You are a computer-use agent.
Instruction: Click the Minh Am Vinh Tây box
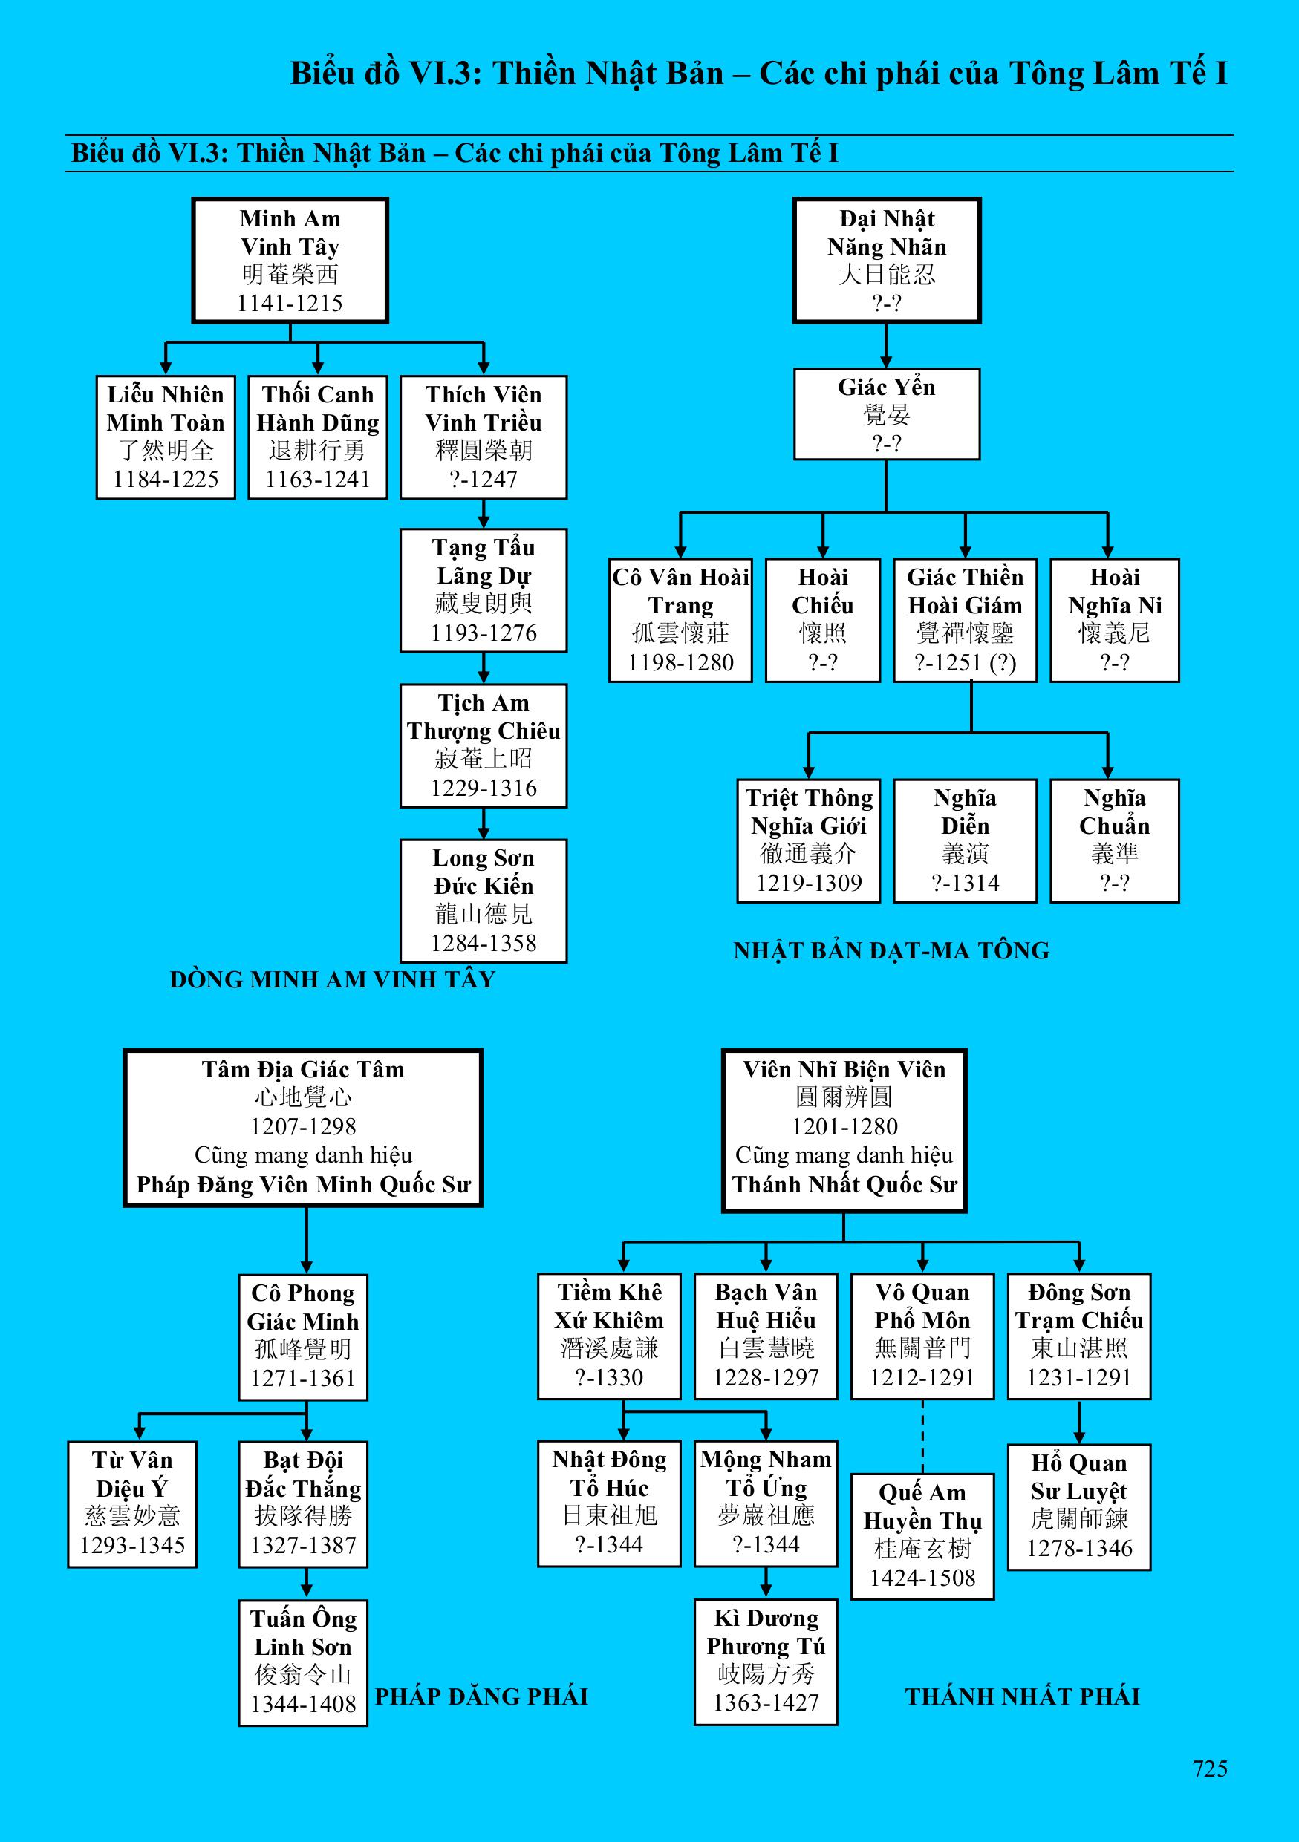click(x=290, y=260)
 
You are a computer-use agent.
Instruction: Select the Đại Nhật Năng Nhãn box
click(x=887, y=260)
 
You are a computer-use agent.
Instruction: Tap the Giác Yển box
click(x=887, y=414)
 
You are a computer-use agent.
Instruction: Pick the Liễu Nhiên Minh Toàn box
click(x=166, y=437)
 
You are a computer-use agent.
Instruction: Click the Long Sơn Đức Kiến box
click(x=483, y=900)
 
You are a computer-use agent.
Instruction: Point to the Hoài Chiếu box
click(x=822, y=620)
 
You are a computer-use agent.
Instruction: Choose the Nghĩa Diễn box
click(x=965, y=840)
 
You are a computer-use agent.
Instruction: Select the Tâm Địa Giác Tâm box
click(x=303, y=1127)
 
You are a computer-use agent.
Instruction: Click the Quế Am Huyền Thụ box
click(x=922, y=1535)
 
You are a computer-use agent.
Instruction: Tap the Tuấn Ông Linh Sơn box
click(x=302, y=1662)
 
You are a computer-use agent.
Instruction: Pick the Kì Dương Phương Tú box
click(x=766, y=1661)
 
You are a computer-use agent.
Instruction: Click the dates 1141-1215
click(x=290, y=303)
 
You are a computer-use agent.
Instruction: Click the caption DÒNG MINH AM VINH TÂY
click(x=332, y=979)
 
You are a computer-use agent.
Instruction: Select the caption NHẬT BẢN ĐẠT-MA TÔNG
click(x=891, y=950)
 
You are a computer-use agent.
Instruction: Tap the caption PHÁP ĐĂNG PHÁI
click(x=481, y=1696)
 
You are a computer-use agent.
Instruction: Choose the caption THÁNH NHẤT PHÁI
click(x=1022, y=1696)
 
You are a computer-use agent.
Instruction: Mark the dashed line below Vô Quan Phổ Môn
click(x=922, y=1436)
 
